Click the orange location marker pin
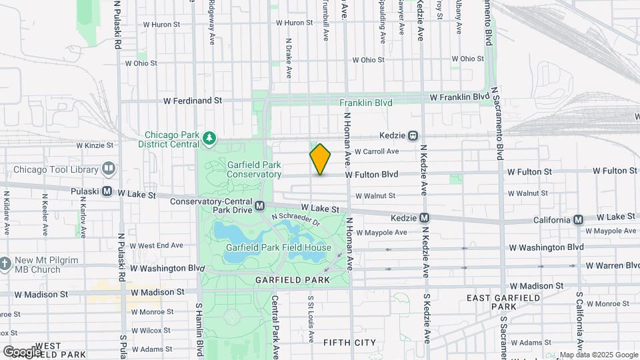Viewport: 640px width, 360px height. (320, 159)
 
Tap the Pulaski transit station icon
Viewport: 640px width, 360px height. (106, 191)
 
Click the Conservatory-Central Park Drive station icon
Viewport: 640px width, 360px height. (259, 206)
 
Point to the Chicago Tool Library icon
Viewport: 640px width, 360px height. (107, 168)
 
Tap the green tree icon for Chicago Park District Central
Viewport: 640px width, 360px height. (210, 138)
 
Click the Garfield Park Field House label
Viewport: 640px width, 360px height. (278, 248)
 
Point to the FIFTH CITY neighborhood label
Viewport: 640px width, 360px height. (349, 343)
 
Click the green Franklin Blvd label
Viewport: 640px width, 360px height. (365, 103)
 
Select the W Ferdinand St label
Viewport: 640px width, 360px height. (193, 101)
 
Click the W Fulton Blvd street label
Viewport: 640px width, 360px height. (371, 175)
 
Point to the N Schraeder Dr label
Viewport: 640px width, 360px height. (296, 221)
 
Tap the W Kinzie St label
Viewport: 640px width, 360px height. (95, 145)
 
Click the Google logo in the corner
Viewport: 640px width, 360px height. (23, 351)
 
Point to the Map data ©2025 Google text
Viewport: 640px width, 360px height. (598, 355)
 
